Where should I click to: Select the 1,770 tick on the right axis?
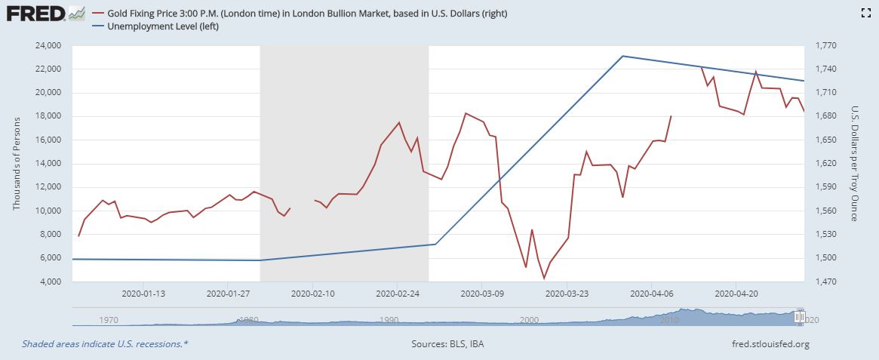(825, 45)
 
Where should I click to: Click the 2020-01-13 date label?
(143, 294)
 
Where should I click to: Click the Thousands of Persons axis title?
(17, 163)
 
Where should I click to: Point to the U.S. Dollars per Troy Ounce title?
(854, 163)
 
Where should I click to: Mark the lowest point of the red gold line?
(544, 278)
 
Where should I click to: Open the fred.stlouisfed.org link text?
(770, 344)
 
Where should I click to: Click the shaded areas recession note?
(105, 344)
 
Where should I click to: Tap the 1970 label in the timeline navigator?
(109, 320)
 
